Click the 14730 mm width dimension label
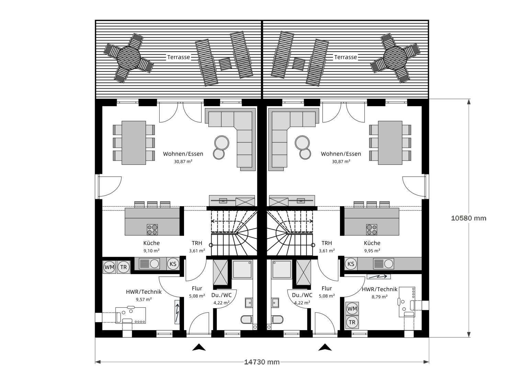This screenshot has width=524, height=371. tap(262, 362)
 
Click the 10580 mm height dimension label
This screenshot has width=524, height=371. tap(468, 218)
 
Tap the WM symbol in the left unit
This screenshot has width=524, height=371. tap(110, 267)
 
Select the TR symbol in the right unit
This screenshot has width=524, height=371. tap(352, 322)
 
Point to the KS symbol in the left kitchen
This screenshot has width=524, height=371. tap(173, 264)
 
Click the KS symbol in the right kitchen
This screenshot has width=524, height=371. tap(351, 264)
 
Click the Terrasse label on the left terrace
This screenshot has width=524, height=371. tap(179, 57)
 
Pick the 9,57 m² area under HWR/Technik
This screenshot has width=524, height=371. tap(144, 299)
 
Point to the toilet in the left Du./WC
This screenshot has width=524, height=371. tap(247, 320)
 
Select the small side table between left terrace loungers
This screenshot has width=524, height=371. tap(225, 64)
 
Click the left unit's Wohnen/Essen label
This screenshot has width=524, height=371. tap(183, 154)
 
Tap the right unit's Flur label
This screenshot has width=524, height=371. tap(326, 289)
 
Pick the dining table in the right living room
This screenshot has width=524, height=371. tap(390, 143)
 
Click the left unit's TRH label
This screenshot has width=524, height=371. tap(197, 243)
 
